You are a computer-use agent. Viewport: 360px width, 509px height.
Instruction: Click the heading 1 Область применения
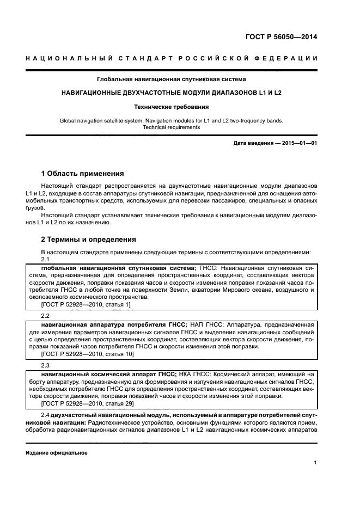tap(83, 174)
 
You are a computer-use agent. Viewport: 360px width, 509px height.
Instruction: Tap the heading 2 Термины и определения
tap(89, 240)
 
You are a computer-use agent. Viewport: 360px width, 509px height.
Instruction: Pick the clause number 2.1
tap(46, 260)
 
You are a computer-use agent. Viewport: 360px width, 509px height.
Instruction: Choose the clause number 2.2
tap(46, 316)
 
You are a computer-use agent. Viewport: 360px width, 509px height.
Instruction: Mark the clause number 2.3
tap(46, 365)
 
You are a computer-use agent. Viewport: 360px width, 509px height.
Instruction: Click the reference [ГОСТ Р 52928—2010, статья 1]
tap(86, 305)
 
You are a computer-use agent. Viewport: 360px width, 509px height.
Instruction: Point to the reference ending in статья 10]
tap(88, 354)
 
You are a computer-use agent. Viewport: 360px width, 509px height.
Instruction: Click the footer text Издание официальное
tap(56, 452)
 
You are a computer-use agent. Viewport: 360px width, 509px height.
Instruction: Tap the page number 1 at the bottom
tap(315, 463)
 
